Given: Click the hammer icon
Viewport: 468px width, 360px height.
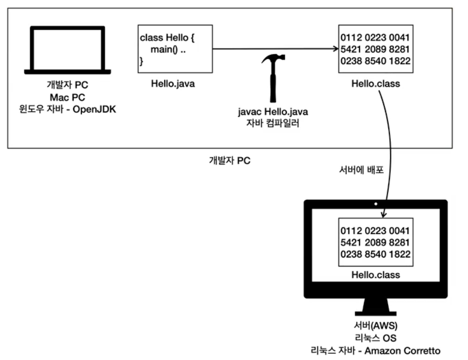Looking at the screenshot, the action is tap(273, 78).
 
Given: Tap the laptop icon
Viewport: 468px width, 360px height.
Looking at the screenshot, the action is tap(68, 50).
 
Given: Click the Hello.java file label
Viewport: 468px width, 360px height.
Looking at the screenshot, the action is tap(173, 84).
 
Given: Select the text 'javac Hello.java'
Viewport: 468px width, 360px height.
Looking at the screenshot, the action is tap(273, 112).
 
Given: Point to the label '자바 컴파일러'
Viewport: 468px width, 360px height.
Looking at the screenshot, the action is tap(273, 123).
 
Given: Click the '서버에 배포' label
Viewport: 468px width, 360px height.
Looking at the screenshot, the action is tap(362, 170).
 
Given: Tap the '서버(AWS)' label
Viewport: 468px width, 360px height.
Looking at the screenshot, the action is tap(375, 325).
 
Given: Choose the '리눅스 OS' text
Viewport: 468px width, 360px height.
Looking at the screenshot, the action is tap(375, 338).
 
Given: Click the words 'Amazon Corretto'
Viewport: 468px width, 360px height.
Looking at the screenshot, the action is tap(402, 351).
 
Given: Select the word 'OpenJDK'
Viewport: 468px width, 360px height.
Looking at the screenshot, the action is tap(94, 109).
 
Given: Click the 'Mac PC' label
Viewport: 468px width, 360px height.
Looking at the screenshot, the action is tap(68, 97).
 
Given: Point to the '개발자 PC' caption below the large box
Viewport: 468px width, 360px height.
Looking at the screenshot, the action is tap(230, 161).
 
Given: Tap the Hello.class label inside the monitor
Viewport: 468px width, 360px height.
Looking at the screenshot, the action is tap(375, 275).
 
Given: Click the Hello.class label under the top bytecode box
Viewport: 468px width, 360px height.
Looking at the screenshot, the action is tap(375, 84).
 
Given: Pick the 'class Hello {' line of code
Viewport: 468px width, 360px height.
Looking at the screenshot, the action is tap(167, 38).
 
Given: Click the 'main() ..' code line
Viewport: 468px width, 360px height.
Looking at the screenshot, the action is tap(168, 50).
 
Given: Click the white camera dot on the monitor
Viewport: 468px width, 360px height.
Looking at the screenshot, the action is tap(375, 204).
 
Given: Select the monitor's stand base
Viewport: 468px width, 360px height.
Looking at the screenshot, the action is tap(375, 314).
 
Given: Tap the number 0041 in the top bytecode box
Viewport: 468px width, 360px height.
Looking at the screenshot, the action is tap(399, 37).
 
